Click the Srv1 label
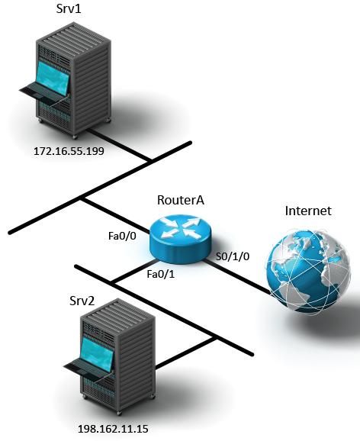(69, 8)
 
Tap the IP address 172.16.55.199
(69, 151)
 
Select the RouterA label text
(181, 200)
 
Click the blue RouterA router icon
(180, 239)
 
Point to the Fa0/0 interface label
(122, 236)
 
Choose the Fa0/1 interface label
(161, 274)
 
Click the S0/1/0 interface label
(233, 256)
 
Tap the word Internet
(308, 211)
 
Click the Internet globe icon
(308, 272)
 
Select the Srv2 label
(82, 301)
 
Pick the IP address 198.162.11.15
(113, 429)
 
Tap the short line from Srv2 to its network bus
(185, 352)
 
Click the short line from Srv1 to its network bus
(120, 145)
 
